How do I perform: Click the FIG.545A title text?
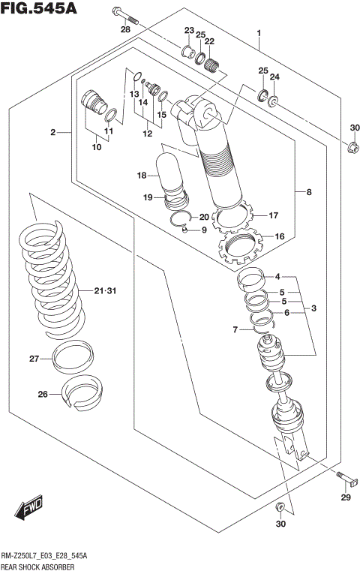38,8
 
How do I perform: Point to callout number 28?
125,29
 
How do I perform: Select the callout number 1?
259,33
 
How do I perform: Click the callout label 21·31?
106,291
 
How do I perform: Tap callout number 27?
34,359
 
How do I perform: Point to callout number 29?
346,498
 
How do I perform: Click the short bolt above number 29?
343,475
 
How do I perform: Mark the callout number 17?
274,213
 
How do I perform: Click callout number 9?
202,230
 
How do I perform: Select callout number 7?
235,329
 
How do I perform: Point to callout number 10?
96,147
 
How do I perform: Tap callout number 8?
307,192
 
